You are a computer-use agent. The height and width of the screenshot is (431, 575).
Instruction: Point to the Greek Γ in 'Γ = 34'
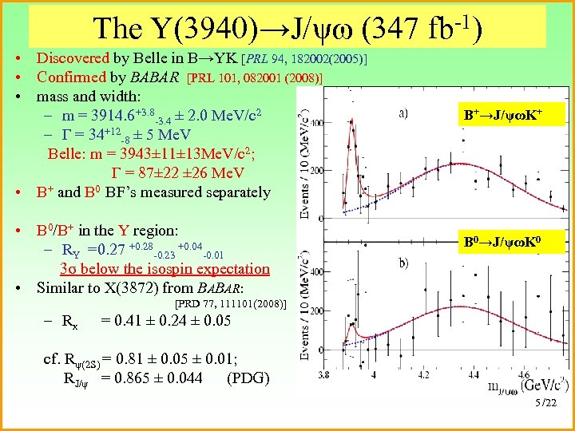point(61,136)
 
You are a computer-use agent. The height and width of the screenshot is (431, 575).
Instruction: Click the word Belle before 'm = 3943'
point(68,155)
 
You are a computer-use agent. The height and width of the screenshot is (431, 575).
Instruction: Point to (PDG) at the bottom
point(248,378)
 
